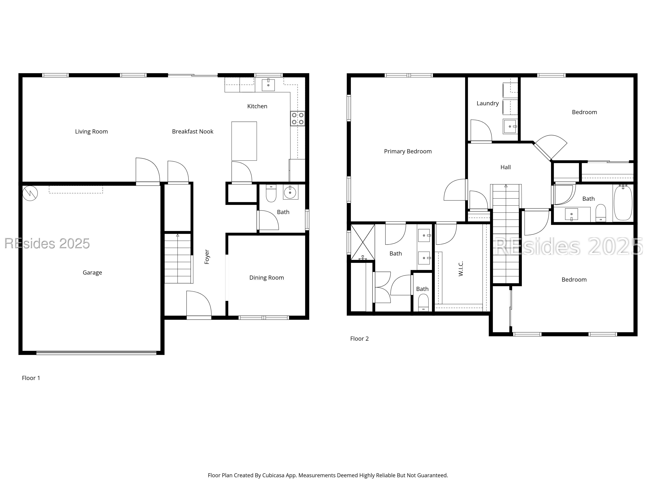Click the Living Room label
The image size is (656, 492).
(91, 131)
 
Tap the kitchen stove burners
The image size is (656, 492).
(297, 118)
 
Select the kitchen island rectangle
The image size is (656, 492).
(244, 141)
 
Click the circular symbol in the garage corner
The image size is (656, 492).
(30, 193)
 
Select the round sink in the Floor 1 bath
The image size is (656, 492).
(290, 193)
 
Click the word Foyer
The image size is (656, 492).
(207, 257)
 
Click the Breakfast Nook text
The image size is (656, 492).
(193, 131)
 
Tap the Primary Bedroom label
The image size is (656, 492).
(408, 151)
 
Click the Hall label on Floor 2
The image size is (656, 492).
(506, 167)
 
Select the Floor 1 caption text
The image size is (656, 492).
(31, 378)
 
